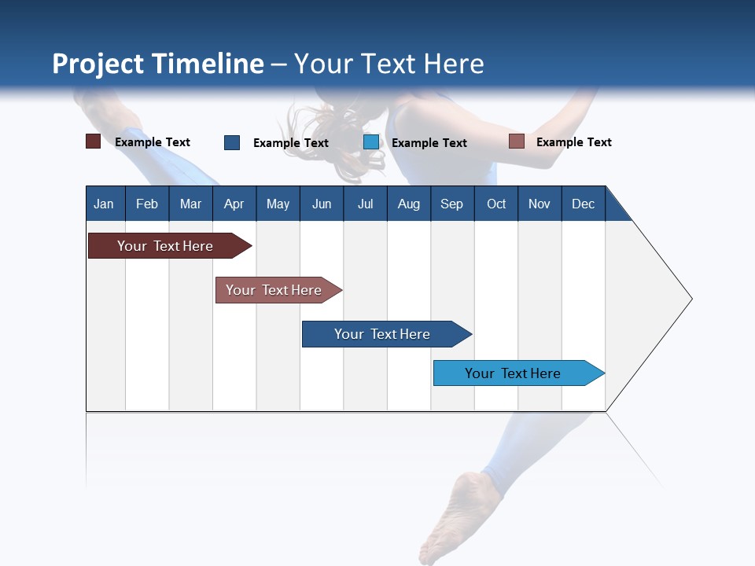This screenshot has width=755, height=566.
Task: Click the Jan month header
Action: click(105, 204)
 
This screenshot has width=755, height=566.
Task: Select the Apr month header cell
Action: click(234, 204)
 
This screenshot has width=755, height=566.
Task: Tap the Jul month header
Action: click(365, 204)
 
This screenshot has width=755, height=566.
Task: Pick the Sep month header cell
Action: click(452, 204)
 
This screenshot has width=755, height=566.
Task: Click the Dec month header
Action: click(583, 204)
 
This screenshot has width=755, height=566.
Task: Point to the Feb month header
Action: click(147, 204)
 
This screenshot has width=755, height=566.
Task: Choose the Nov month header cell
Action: click(540, 204)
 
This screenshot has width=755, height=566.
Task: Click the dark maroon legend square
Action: click(94, 142)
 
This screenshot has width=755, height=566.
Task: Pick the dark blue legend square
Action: click(232, 142)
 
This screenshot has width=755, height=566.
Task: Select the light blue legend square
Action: click(371, 142)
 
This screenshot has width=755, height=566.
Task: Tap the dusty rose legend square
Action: click(517, 141)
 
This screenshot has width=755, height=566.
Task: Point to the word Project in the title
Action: click(98, 64)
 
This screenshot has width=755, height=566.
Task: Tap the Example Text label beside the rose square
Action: click(573, 142)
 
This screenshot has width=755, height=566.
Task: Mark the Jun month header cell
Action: click(322, 204)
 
